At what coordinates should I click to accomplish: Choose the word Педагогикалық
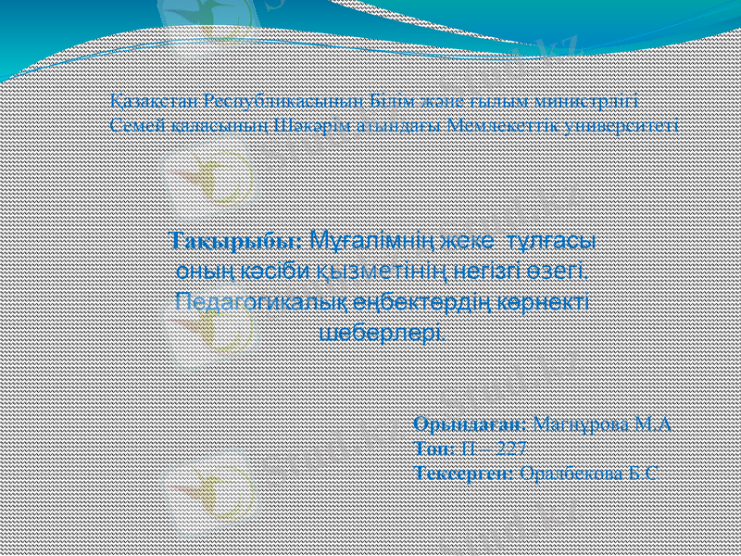click(x=258, y=301)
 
